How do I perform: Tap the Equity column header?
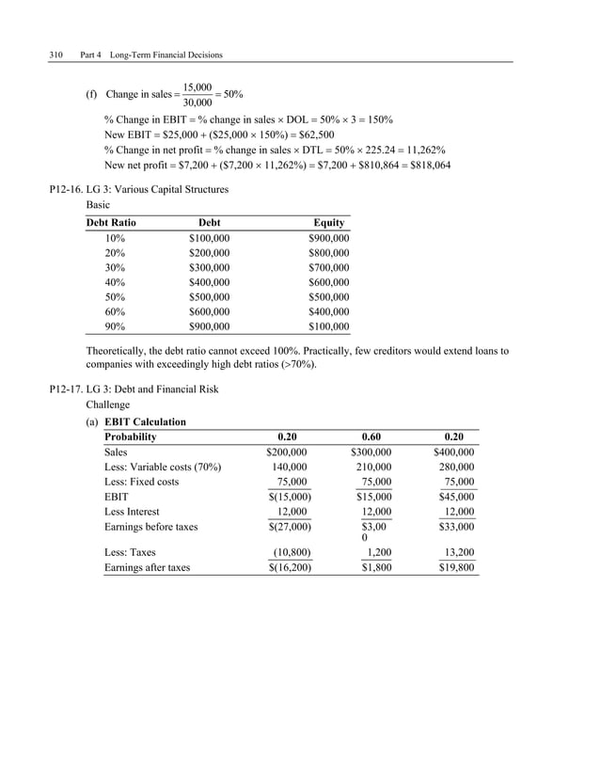coord(329,223)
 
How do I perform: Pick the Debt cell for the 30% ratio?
coord(209,267)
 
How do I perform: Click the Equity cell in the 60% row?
coord(328,311)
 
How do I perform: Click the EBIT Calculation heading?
coord(145,421)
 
